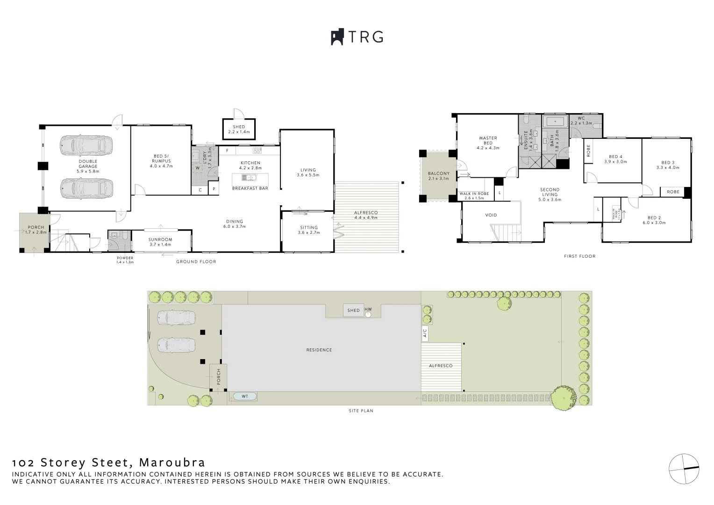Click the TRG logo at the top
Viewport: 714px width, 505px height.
[x=357, y=37]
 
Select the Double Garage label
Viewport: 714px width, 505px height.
[x=88, y=164]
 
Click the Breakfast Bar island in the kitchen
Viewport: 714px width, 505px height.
[x=250, y=178]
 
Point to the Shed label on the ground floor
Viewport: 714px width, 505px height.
[x=239, y=127]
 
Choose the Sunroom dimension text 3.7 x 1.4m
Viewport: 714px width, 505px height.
[x=160, y=245]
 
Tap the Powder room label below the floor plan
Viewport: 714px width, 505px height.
[x=125, y=258]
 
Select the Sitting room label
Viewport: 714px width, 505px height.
[x=308, y=228]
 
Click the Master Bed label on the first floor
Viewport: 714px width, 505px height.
[x=488, y=141]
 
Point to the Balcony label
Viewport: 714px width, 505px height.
[x=438, y=173]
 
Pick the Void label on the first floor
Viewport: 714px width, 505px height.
[x=491, y=215]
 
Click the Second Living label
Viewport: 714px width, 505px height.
[x=550, y=192]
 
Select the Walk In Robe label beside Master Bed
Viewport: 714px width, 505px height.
[x=474, y=194]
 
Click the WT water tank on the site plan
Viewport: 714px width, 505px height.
[x=244, y=397]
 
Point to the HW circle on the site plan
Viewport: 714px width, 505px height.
[x=368, y=314]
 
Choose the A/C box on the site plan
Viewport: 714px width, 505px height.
[x=425, y=333]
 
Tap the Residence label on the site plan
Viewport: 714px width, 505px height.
[x=319, y=350]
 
